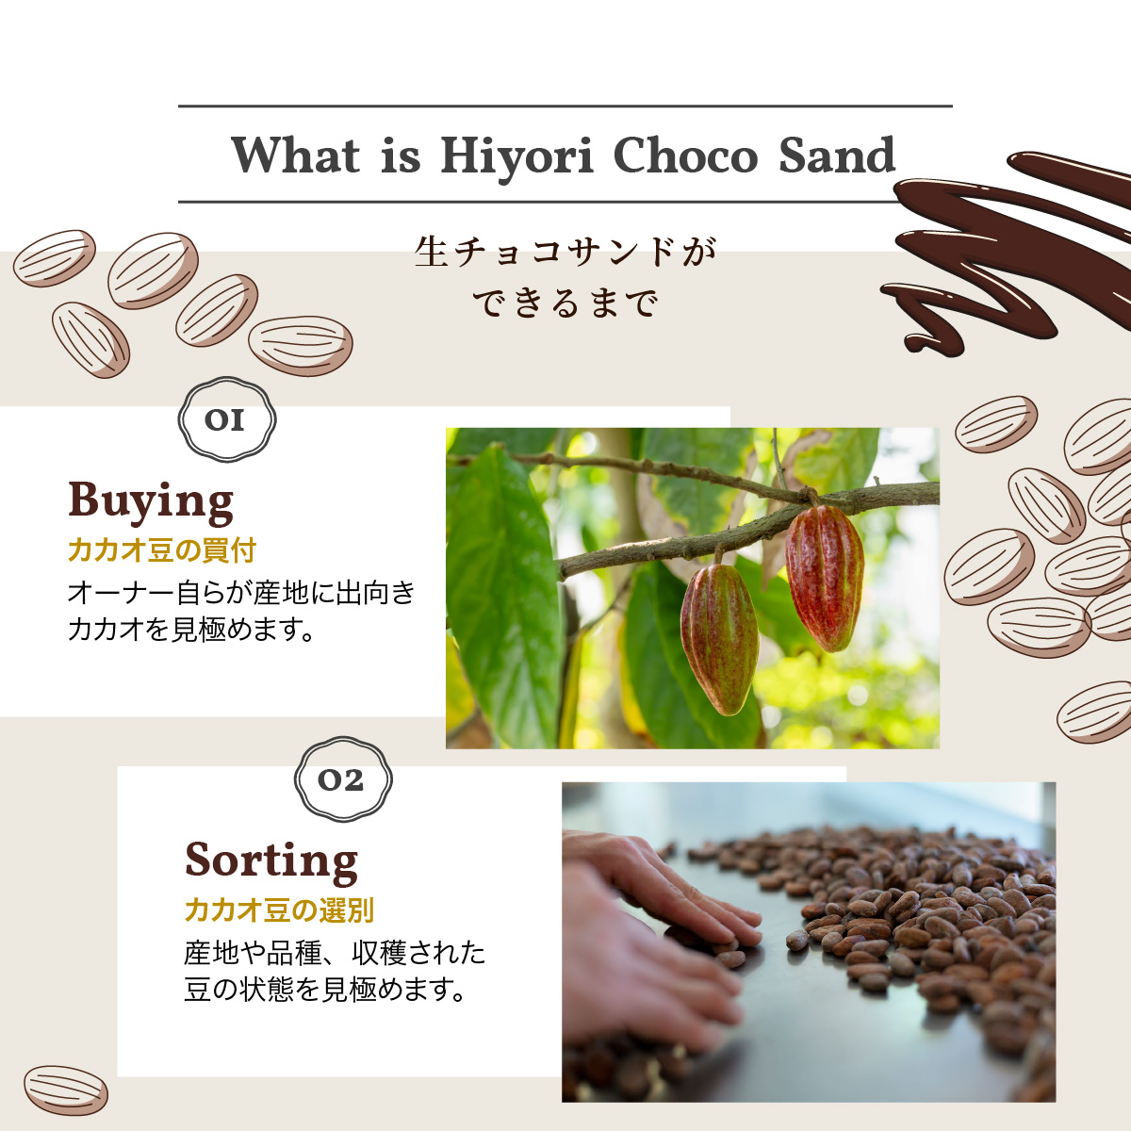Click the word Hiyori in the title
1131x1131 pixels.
click(517, 156)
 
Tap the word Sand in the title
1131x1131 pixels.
click(836, 155)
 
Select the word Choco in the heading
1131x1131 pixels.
click(685, 155)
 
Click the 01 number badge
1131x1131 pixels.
click(226, 419)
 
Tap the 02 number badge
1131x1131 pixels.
click(343, 779)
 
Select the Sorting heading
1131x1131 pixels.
click(271, 861)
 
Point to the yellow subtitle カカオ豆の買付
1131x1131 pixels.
click(162, 550)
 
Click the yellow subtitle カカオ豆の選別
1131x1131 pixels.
click(279, 910)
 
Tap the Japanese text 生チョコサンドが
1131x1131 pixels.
click(565, 252)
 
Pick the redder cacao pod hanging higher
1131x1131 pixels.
click(824, 578)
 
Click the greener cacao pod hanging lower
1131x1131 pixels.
click(719, 639)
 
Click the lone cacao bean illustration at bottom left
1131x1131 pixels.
click(66, 1090)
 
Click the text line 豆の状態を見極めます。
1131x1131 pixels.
click(325, 990)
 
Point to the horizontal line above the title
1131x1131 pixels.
click(565, 107)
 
